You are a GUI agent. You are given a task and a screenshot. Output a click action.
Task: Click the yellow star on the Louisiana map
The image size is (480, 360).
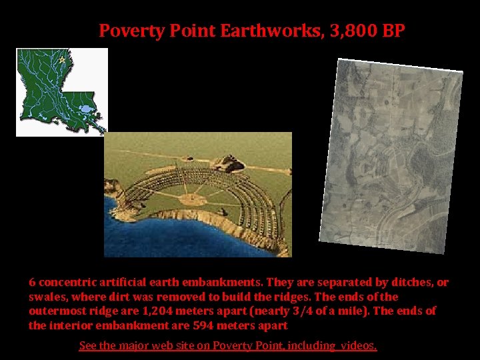(62, 60)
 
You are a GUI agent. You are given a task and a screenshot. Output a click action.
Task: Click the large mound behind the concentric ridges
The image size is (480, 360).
(230, 162)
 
